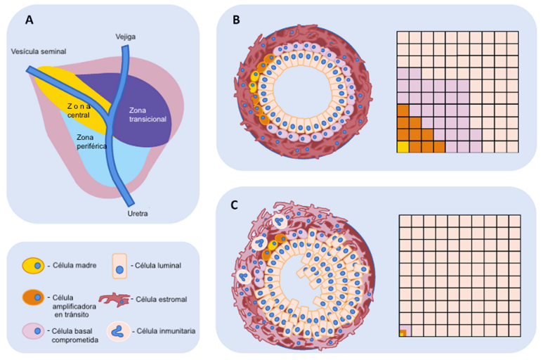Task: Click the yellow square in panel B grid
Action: pyautogui.click(x=403, y=146)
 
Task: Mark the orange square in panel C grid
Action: pyautogui.click(x=403, y=333)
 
